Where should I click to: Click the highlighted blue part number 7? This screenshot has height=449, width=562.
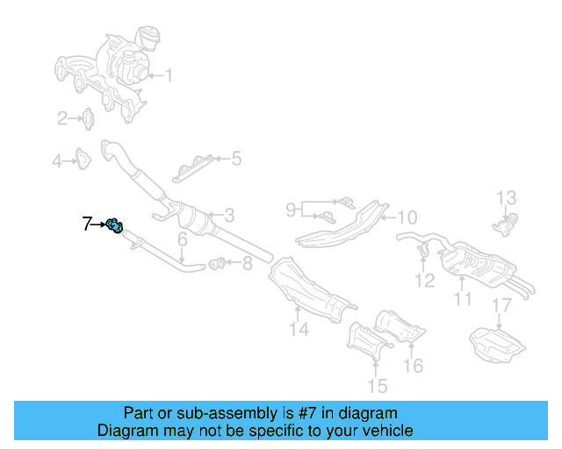tap(115, 226)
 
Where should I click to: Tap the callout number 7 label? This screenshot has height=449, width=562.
tap(87, 224)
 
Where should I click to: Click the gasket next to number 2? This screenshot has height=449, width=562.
tap(90, 118)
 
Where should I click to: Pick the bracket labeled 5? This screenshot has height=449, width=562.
tap(193, 167)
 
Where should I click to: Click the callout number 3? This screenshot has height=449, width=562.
tap(228, 215)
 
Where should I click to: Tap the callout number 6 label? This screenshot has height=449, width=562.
tap(183, 239)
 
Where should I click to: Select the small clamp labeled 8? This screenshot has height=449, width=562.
tap(220, 261)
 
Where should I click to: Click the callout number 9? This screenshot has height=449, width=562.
tap(292, 209)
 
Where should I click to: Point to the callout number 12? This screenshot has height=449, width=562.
tap(425, 281)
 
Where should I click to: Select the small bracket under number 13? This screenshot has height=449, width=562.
tap(507, 224)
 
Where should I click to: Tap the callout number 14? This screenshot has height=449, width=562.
tap(300, 330)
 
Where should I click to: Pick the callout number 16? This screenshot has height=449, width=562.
tap(413, 365)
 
